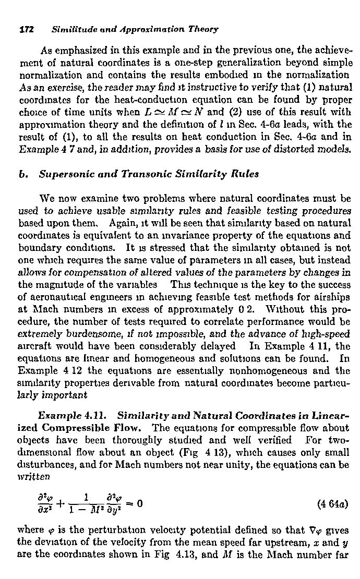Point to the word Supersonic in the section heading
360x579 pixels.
pos(64,174)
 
